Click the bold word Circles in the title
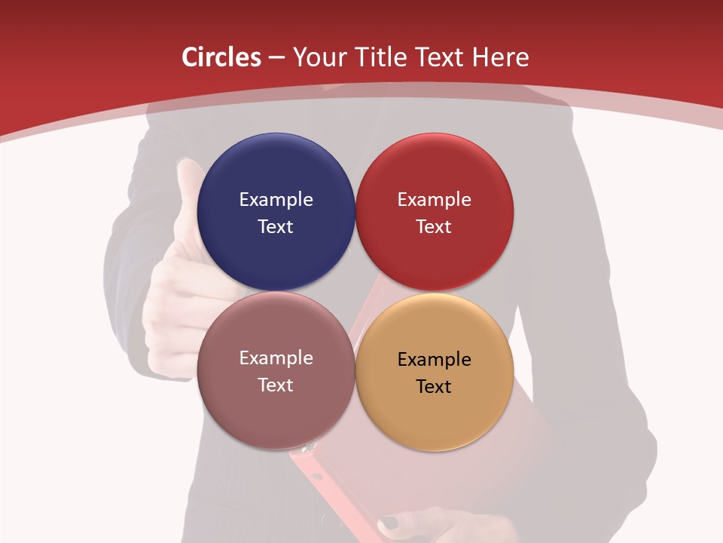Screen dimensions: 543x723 pyautogui.click(x=221, y=57)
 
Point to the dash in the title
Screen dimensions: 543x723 pyautogui.click(x=276, y=58)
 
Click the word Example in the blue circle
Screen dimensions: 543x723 pyautogui.click(x=276, y=199)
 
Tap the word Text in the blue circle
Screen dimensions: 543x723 pyautogui.click(x=276, y=226)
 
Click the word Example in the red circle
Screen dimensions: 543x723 pyautogui.click(x=435, y=199)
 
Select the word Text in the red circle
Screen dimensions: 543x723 pyautogui.click(x=435, y=226)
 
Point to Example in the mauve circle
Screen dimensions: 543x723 pyautogui.click(x=276, y=358)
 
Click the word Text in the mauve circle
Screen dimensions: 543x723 pyautogui.click(x=276, y=385)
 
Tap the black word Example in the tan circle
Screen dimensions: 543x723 pyautogui.click(x=435, y=359)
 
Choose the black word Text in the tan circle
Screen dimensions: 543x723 pyautogui.click(x=435, y=386)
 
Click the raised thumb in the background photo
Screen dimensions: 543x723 pyautogui.click(x=188, y=189)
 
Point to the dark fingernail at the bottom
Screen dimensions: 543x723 pyautogui.click(x=389, y=522)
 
